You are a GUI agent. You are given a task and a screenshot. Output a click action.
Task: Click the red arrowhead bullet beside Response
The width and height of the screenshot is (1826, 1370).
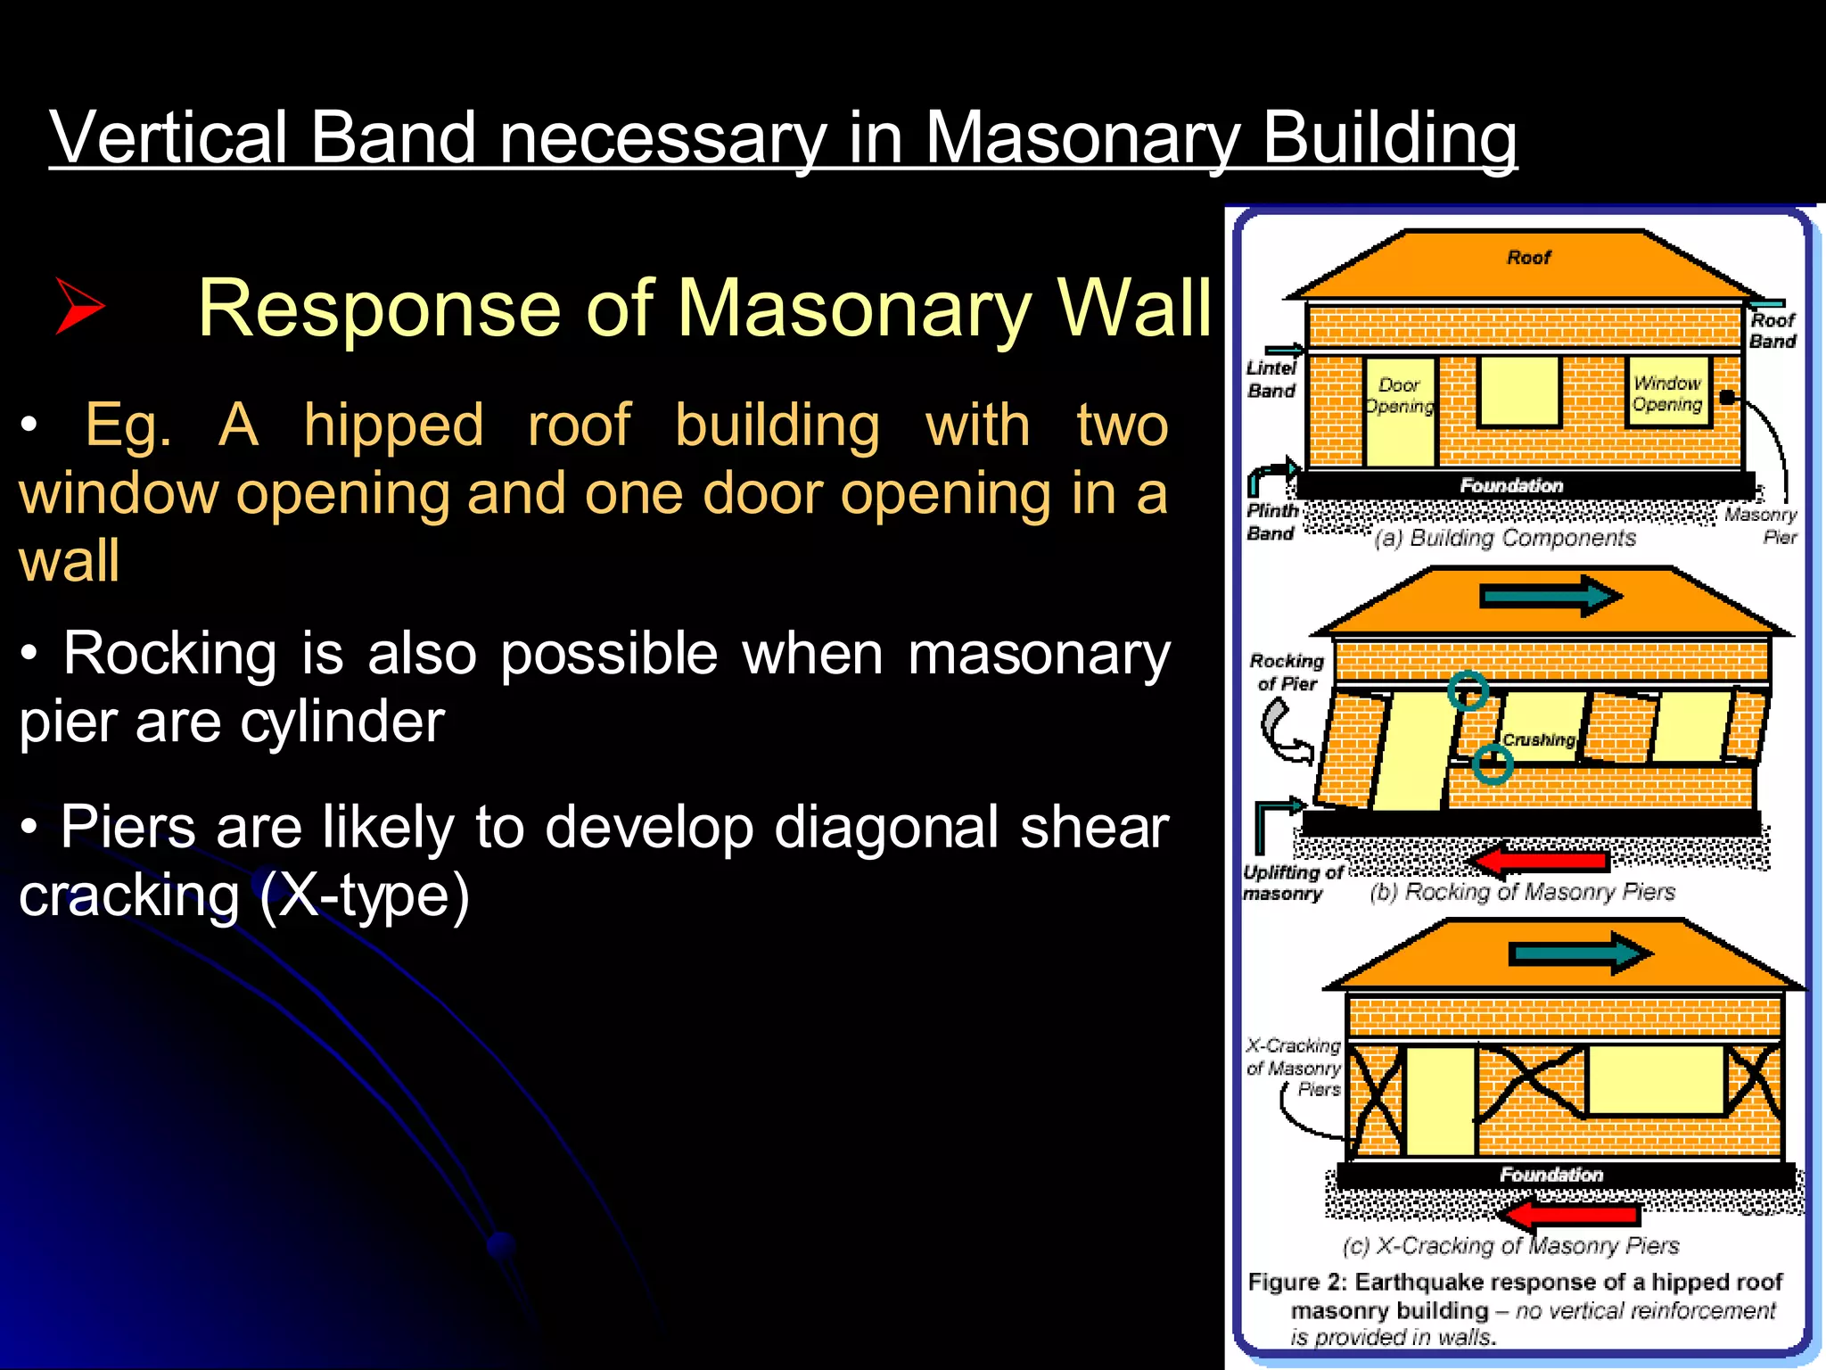pos(80,306)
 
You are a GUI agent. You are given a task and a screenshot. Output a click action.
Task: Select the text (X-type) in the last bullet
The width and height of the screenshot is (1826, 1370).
pos(364,895)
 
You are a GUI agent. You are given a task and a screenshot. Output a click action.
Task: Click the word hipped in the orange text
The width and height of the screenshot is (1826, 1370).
pos(393,425)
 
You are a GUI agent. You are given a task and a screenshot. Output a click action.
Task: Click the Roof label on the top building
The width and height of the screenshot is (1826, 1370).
pos(1528,258)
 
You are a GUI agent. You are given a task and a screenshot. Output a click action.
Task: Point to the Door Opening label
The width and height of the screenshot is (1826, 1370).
pos(1399,395)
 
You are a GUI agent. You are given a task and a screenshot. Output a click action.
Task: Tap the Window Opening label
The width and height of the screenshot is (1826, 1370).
pos(1666,393)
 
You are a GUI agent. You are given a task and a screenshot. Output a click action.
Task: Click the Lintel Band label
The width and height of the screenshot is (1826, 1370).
pos(1271,379)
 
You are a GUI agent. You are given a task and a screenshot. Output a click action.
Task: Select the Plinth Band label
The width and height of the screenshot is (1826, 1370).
pos(1271,522)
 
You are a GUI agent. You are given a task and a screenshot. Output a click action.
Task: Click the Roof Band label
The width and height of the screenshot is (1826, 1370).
pos(1772,330)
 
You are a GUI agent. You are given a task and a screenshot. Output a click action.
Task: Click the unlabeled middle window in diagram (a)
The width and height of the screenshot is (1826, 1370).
pos(1518,392)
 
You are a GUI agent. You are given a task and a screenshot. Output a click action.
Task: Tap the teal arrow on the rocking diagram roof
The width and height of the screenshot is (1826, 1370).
pos(1550,596)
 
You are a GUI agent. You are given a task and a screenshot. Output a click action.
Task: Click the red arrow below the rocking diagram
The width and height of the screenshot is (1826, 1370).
pos(1539,860)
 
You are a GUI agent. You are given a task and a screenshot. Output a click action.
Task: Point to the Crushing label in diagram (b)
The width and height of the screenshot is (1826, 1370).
pos(1538,739)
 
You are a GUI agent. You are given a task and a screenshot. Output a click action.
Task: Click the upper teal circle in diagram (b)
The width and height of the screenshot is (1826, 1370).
pos(1468,689)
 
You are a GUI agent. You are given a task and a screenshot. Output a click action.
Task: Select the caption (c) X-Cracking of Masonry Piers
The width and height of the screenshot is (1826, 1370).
pos(1510,1245)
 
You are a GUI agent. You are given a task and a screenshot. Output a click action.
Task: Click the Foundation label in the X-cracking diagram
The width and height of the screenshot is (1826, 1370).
pos(1550,1175)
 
